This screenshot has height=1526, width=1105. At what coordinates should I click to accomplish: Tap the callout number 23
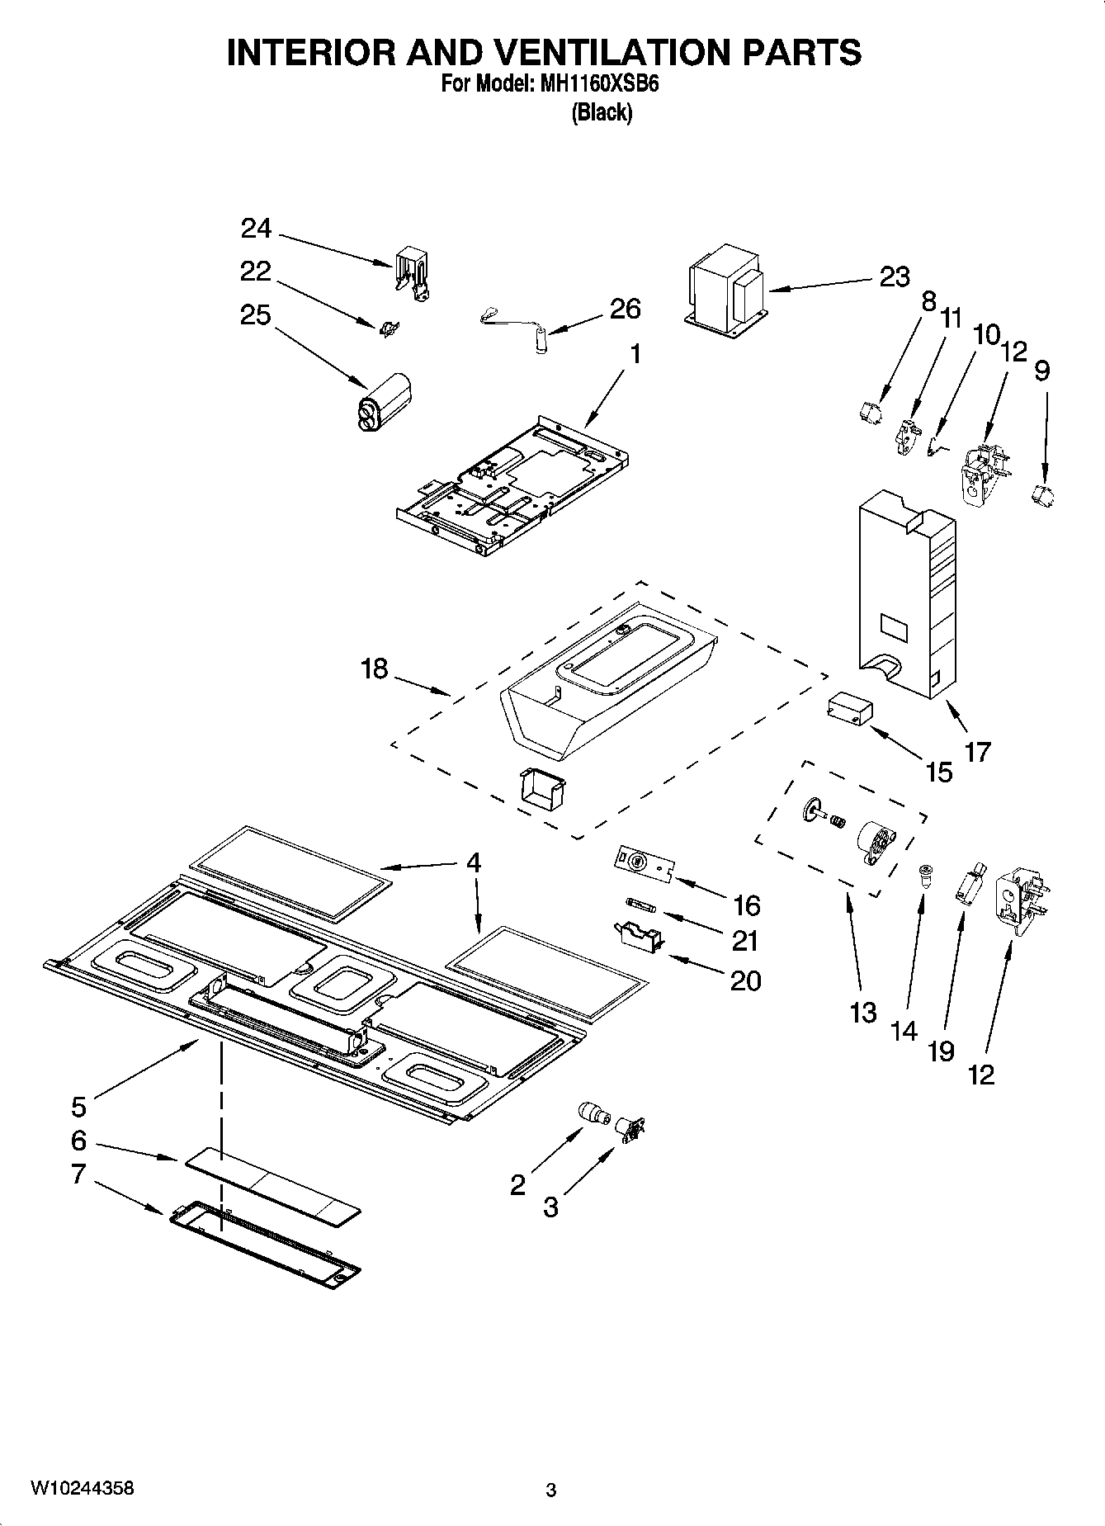894,277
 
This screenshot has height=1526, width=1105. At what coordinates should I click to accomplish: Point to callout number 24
256,229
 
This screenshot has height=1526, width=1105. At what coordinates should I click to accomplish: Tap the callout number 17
977,752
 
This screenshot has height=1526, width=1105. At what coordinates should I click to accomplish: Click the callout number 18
374,669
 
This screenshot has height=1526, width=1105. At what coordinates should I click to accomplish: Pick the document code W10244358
82,1488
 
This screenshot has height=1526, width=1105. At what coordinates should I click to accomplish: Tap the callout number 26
625,309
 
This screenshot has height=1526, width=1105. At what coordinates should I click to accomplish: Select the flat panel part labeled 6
272,1180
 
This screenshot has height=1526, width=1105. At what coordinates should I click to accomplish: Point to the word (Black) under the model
602,113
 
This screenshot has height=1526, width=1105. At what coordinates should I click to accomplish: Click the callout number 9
1041,371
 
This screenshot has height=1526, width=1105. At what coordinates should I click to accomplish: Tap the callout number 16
746,905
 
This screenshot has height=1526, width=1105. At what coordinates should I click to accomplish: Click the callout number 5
78,1105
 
